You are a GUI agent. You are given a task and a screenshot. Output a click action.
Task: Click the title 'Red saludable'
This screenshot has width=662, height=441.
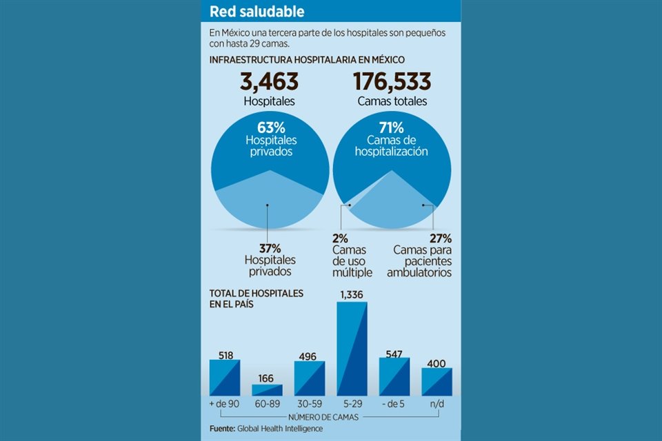click(257, 12)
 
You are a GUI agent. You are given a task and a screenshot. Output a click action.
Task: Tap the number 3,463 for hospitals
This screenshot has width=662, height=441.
click(269, 81)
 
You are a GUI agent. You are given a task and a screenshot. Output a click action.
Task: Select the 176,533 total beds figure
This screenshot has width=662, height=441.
click(392, 81)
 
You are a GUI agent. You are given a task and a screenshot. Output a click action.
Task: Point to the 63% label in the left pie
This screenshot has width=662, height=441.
click(269, 127)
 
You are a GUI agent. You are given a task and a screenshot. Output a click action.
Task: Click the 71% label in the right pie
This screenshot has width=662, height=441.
click(392, 127)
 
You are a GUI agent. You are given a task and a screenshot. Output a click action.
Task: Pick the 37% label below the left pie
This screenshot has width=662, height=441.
click(269, 248)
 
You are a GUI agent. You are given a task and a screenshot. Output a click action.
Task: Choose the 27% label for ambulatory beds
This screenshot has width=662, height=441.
click(440, 238)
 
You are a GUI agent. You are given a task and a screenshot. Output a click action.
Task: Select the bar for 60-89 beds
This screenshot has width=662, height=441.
click(267, 390)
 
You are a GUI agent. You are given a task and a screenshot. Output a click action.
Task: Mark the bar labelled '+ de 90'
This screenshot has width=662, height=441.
click(225, 378)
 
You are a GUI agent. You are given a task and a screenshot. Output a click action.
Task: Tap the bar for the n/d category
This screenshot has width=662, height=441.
click(437, 382)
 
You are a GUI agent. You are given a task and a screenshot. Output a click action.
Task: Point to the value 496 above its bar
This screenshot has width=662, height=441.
click(309, 356)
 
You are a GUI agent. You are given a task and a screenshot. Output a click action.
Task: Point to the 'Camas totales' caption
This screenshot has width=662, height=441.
click(392, 101)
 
